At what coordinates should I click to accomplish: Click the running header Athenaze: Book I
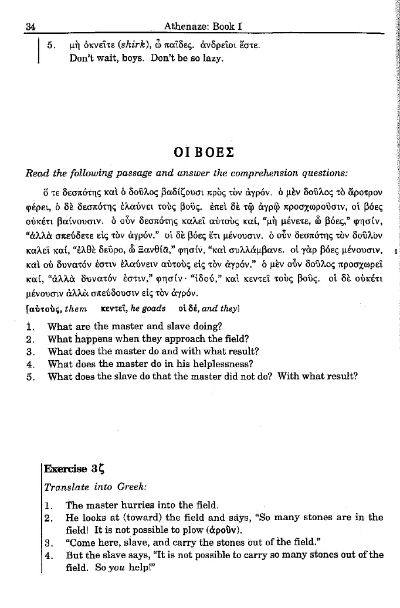point(204,26)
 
